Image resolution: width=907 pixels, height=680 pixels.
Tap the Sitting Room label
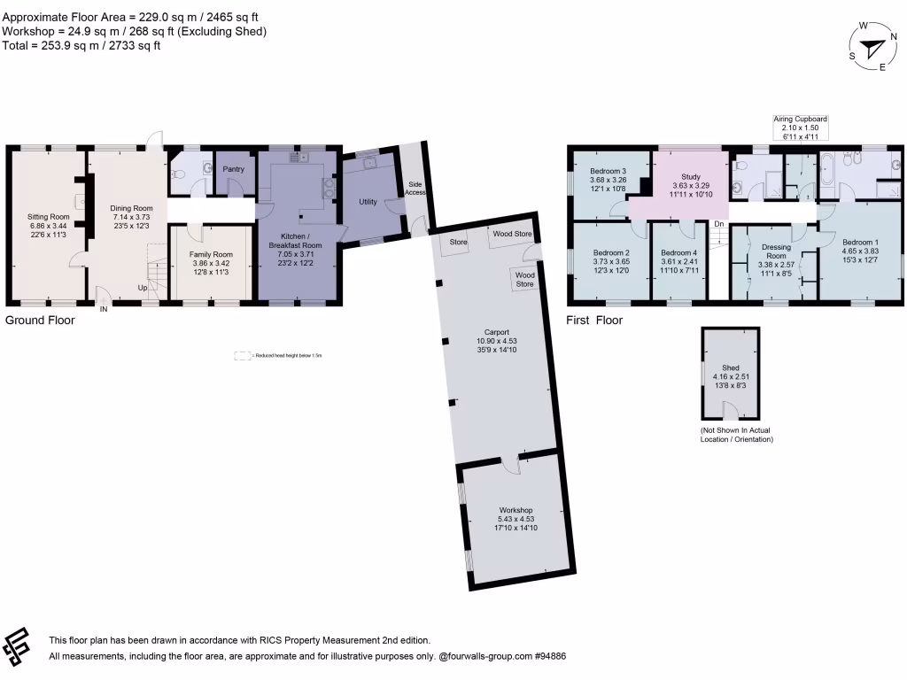[x=49, y=217]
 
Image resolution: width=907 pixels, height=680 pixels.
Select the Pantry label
[x=233, y=169]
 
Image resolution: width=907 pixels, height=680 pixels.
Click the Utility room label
[x=368, y=202]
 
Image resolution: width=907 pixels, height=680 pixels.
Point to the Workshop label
[x=515, y=510]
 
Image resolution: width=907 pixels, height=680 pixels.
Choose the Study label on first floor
[x=691, y=177]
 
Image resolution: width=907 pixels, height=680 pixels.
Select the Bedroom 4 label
[x=678, y=253]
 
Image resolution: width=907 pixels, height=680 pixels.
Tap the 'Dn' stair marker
[x=718, y=224]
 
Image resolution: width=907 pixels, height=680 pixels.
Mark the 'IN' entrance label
[x=104, y=309]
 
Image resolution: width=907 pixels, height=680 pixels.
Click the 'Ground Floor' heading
[x=40, y=321]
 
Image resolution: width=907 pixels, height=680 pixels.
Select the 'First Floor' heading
[x=594, y=321]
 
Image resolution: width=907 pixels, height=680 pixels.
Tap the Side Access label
[x=415, y=189]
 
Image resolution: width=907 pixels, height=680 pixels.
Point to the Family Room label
[x=211, y=254]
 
